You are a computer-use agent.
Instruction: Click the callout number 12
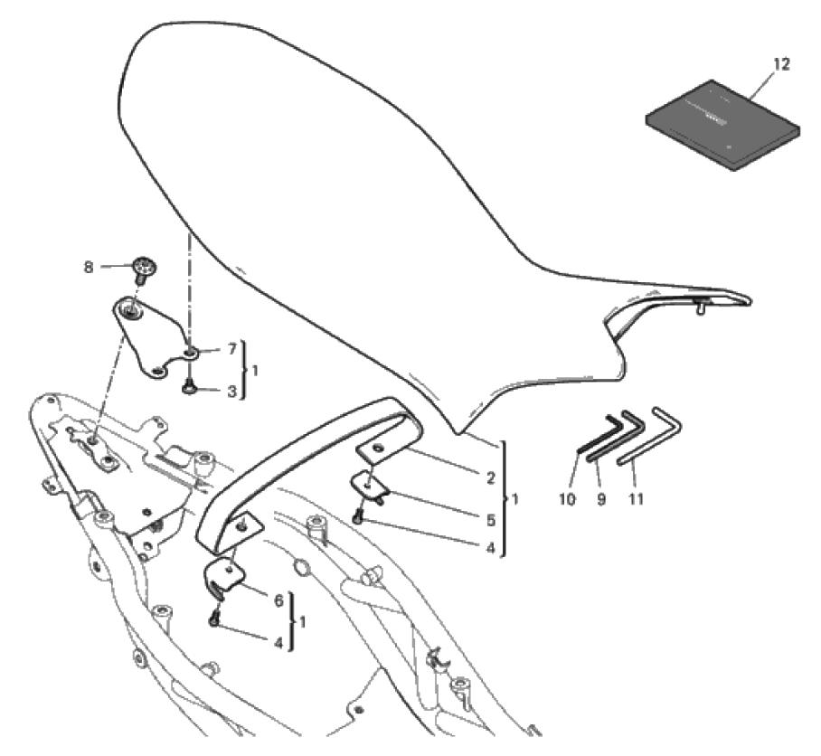[x=780, y=64]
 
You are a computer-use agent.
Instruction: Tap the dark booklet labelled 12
[x=722, y=125]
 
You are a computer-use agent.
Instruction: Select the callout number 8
[x=89, y=267]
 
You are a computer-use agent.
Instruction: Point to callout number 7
[x=232, y=348]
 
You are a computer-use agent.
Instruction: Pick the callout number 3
[x=232, y=391]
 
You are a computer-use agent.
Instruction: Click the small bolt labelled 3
[x=188, y=387]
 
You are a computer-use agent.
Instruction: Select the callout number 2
[x=491, y=477]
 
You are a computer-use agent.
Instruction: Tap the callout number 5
[x=491, y=519]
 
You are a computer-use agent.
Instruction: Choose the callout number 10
[x=567, y=499]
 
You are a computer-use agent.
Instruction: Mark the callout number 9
[x=601, y=499]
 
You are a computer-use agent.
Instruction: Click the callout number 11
[x=636, y=499]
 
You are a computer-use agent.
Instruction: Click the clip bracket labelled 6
[x=224, y=575]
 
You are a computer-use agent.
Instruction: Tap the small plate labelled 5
[x=370, y=486]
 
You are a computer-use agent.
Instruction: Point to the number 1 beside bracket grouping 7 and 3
[x=255, y=371]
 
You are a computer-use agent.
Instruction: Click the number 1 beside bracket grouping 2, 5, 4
[x=515, y=498]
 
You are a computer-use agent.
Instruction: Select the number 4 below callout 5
[x=491, y=548]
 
